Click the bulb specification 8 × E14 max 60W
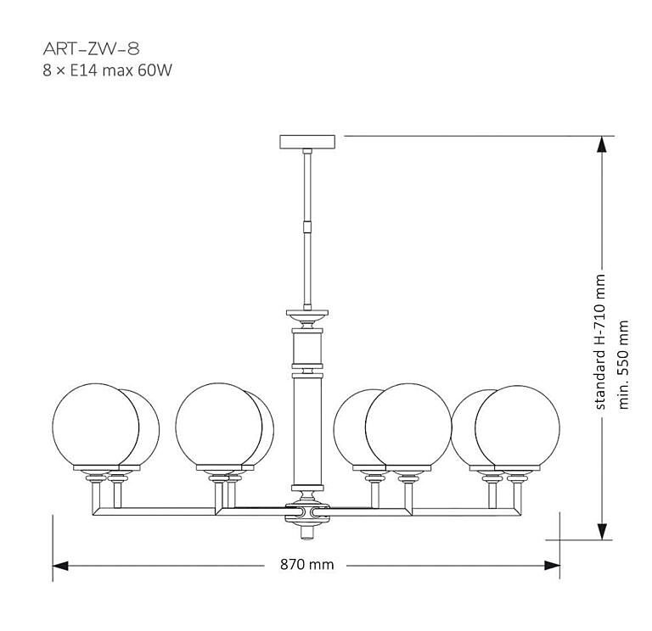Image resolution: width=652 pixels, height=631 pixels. [x=107, y=71]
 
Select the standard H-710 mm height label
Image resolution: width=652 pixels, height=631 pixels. [x=601, y=342]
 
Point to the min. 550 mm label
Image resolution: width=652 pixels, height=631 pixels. [x=624, y=364]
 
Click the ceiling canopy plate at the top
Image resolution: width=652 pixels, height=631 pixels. [x=307, y=141]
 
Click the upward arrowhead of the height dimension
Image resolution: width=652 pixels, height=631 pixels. [x=601, y=146]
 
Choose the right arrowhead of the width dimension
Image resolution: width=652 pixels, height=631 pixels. [x=552, y=565]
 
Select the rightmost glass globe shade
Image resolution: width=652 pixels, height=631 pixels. [x=518, y=427]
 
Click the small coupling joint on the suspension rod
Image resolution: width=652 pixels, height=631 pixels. [x=307, y=227]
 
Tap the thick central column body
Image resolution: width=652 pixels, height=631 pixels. [x=307, y=433]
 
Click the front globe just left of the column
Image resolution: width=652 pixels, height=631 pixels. [x=218, y=425]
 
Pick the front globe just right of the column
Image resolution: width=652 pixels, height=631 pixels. [x=407, y=427]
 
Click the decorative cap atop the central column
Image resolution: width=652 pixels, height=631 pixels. [x=307, y=317]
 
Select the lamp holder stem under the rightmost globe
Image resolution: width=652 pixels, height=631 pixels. [x=515, y=490]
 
